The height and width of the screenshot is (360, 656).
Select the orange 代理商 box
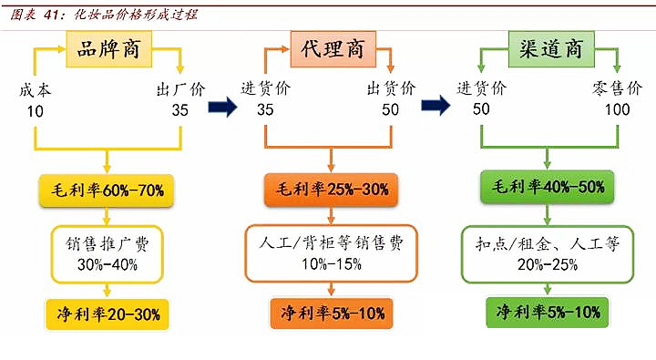point(332,48)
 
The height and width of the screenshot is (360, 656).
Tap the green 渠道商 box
point(549,48)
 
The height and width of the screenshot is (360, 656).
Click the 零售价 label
point(621,89)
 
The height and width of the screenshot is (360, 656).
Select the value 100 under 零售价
point(617,109)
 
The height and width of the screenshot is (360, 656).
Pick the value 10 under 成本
point(35,109)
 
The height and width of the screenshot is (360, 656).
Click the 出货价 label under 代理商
point(391,89)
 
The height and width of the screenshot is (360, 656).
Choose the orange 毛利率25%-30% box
point(331,190)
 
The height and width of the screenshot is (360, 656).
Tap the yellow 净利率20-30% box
point(108,314)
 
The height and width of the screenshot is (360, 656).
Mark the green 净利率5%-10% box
point(548,313)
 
